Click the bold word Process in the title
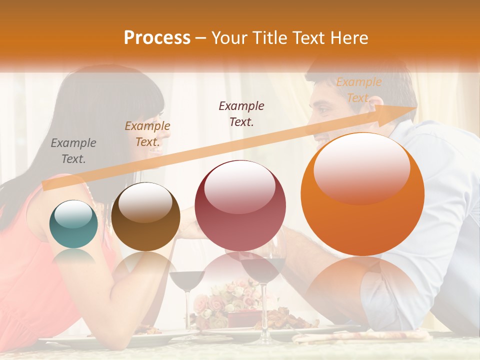tap(157, 37)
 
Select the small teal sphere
tap(73, 224)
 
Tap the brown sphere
tap(145, 216)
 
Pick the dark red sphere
tap(240, 205)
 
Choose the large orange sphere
tap(362, 193)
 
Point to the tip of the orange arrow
tap(415, 108)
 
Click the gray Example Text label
tap(73, 150)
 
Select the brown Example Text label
tap(147, 133)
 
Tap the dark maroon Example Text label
tap(241, 113)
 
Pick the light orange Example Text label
tap(358, 89)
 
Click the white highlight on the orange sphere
tap(361, 167)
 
